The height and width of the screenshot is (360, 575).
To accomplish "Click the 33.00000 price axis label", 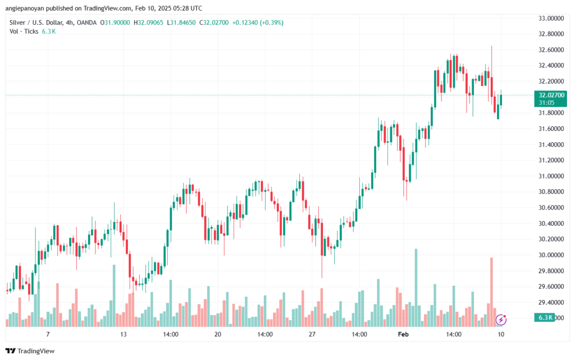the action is pyautogui.click(x=551, y=19).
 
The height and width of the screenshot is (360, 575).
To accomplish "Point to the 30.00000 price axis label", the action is pyautogui.click(x=551, y=255).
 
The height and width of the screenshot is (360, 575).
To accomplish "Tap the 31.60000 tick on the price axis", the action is pyautogui.click(x=551, y=129).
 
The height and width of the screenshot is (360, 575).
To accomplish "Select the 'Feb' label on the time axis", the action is pyautogui.click(x=403, y=334).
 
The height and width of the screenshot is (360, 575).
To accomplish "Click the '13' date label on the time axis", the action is pyautogui.click(x=123, y=334).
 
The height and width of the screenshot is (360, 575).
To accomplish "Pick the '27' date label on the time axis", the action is pyautogui.click(x=312, y=334).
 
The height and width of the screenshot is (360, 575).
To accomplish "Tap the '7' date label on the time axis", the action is pyautogui.click(x=48, y=334).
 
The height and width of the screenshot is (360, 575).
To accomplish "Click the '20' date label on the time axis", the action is pyautogui.click(x=218, y=334).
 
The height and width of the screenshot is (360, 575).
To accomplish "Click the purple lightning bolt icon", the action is pyautogui.click(x=501, y=320).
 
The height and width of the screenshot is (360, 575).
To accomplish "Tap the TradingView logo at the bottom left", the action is pyautogui.click(x=30, y=351).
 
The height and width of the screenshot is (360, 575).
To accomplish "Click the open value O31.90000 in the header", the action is pyautogui.click(x=115, y=22).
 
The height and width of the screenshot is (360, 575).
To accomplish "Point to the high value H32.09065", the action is pyautogui.click(x=148, y=22).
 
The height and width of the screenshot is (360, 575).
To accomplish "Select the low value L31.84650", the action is pyautogui.click(x=181, y=22).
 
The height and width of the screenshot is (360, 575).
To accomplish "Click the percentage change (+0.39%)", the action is pyautogui.click(x=271, y=22).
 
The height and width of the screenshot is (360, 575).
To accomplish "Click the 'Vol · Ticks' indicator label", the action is pyautogui.click(x=24, y=31).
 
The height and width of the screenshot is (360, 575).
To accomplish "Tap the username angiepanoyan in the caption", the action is pyautogui.click(x=25, y=8).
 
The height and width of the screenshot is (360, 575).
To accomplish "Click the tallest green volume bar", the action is pyautogui.click(x=416, y=288).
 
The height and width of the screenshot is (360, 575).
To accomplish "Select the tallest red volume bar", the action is pyautogui.click(x=491, y=292).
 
